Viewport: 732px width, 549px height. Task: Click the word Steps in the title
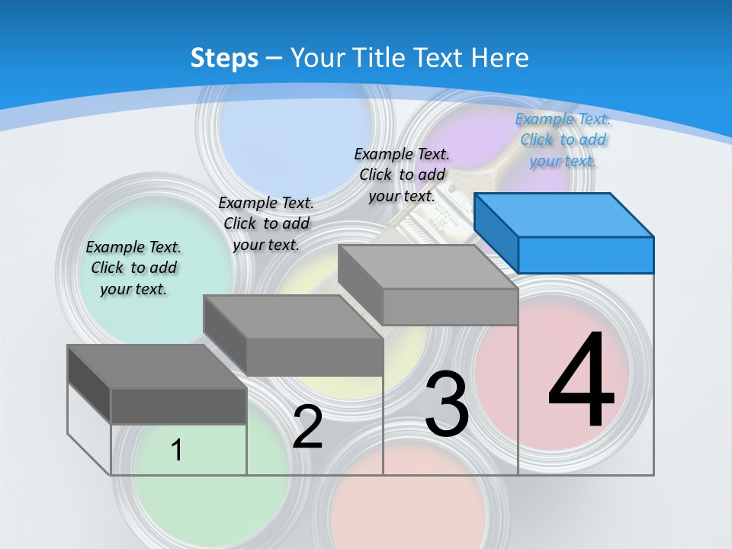click(x=224, y=58)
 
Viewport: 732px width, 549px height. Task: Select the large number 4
click(x=581, y=381)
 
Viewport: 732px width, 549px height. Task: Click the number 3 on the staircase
click(x=447, y=404)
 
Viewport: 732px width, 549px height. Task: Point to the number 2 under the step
click(x=307, y=427)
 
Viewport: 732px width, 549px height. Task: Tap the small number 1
click(x=177, y=450)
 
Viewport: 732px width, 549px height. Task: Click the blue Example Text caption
click(x=563, y=140)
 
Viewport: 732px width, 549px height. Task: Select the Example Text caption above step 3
click(x=402, y=175)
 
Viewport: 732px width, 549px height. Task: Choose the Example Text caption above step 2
click(x=266, y=223)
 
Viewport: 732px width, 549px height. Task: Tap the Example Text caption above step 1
click(x=133, y=268)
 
